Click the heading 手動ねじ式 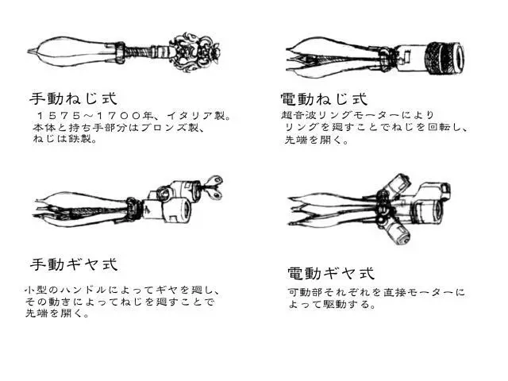pyautogui.click(x=73, y=98)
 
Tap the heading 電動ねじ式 pyautogui.click(x=325, y=98)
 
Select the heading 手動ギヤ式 pyautogui.click(x=74, y=264)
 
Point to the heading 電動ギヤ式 pyautogui.click(x=331, y=273)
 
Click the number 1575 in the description pyautogui.click(x=59, y=116)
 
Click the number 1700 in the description pyautogui.click(x=118, y=116)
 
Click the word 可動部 pyautogui.click(x=305, y=293)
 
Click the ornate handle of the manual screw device pyautogui.click(x=195, y=51)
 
